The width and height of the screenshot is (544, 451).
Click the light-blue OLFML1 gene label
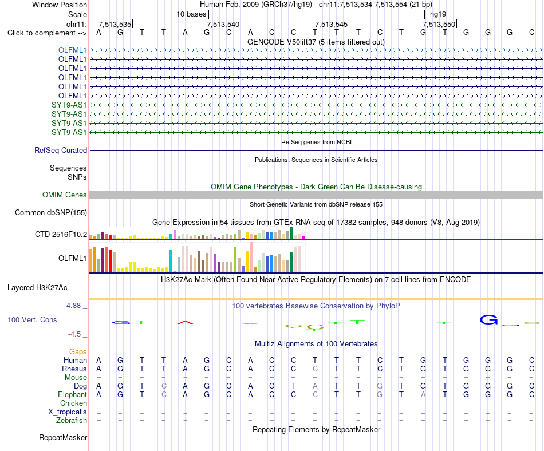pyautogui.click(x=72, y=50)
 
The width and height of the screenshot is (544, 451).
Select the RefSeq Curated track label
pyautogui.click(x=61, y=150)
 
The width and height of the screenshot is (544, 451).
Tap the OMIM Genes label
pyautogui.click(x=65, y=195)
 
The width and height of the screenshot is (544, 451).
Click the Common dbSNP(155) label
pyautogui.click(x=51, y=212)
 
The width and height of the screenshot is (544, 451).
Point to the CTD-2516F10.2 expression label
pyautogui.click(x=61, y=234)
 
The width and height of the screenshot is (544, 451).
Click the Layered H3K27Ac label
pyautogui.click(x=37, y=288)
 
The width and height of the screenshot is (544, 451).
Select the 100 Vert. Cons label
pyautogui.click(x=32, y=319)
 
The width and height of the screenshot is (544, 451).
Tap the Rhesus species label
pyautogui.click(x=74, y=369)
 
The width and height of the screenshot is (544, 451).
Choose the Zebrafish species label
pyautogui.click(x=72, y=421)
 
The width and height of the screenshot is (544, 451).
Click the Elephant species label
pyautogui.click(x=72, y=395)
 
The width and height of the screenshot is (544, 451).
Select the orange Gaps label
pyautogui.click(x=78, y=352)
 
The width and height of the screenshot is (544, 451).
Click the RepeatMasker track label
pyautogui.click(x=63, y=437)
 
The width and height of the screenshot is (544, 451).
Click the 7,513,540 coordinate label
pyautogui.click(x=223, y=24)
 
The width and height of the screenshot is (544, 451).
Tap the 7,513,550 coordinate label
pyautogui.click(x=439, y=24)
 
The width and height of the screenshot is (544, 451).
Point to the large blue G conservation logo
pyautogui.click(x=489, y=319)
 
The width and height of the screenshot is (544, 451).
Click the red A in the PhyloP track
pyautogui.click(x=185, y=323)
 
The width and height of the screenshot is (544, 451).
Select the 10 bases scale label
pyautogui.click(x=191, y=14)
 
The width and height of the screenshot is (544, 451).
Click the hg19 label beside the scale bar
pyautogui.click(x=438, y=14)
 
